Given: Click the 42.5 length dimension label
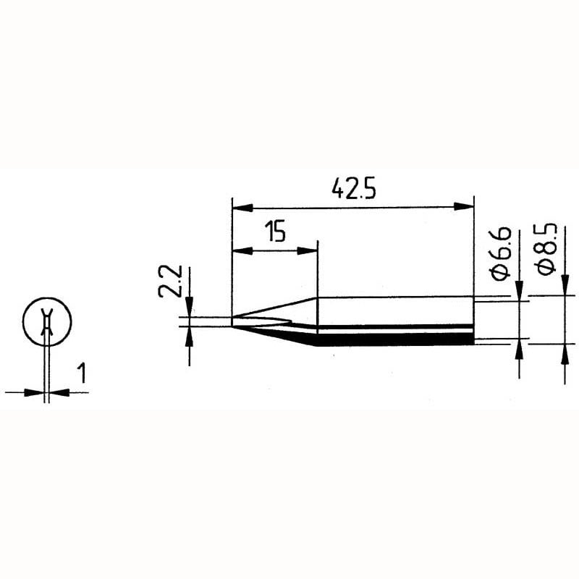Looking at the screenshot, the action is tap(353, 189).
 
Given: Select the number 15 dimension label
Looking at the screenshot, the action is tap(276, 232).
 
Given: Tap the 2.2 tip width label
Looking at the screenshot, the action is tap(170, 281).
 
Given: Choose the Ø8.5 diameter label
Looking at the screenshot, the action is tap(546, 248).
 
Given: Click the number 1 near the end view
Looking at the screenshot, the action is tap(82, 373).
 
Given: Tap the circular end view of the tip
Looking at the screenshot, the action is tap(47, 321).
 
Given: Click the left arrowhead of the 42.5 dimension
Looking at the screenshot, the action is tap(242, 208).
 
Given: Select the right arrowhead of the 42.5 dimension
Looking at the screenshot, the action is tap(463, 206).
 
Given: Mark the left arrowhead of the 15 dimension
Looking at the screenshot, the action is tap(242, 251).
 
